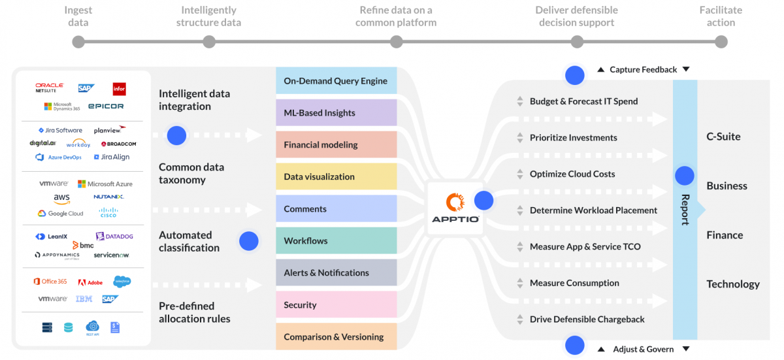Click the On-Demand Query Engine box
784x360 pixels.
[336, 81]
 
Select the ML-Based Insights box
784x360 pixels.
[336, 113]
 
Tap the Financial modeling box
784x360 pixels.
[336, 145]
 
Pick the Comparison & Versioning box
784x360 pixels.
[336, 337]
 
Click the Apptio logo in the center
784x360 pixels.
[455, 208]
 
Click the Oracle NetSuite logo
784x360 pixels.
[50, 88]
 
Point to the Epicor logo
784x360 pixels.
[106, 106]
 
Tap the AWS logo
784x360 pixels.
[62, 199]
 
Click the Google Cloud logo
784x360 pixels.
[61, 214]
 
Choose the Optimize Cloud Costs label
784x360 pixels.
[572, 174]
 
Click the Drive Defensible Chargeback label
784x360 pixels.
[587, 319]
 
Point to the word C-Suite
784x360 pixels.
[723, 137]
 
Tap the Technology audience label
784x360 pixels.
[732, 284]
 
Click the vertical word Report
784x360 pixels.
[685, 209]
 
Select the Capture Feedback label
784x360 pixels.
[643, 70]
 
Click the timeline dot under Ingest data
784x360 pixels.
[78, 42]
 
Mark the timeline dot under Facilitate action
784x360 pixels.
[721, 42]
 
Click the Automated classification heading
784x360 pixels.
[189, 241]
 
